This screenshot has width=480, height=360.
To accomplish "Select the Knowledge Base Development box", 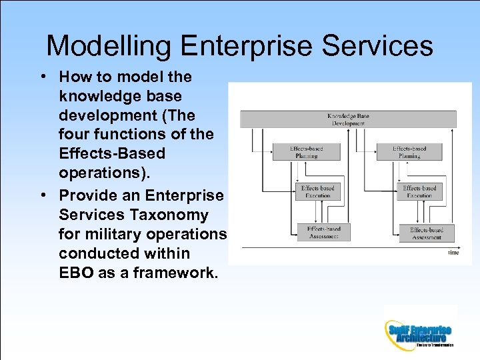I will click(x=348, y=119).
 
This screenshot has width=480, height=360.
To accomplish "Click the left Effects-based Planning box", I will click(x=307, y=152).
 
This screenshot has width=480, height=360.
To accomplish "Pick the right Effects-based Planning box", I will click(x=409, y=152).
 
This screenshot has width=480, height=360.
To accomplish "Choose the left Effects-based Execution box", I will click(x=317, y=192).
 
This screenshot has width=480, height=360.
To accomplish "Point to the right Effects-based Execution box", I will click(x=419, y=192).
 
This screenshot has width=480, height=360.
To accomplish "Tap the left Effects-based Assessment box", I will click(x=323, y=232).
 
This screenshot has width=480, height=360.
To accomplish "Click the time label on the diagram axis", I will click(x=453, y=253).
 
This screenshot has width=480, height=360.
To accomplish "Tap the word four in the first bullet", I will click(x=73, y=134).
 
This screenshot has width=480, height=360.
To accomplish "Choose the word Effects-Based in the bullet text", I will click(x=112, y=153).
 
